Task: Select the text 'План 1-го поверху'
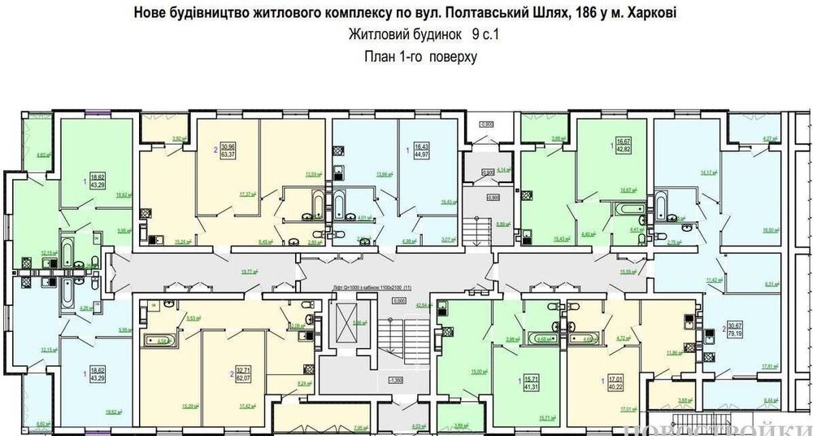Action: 420,57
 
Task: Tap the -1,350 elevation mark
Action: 396,381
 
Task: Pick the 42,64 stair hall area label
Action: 423,306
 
